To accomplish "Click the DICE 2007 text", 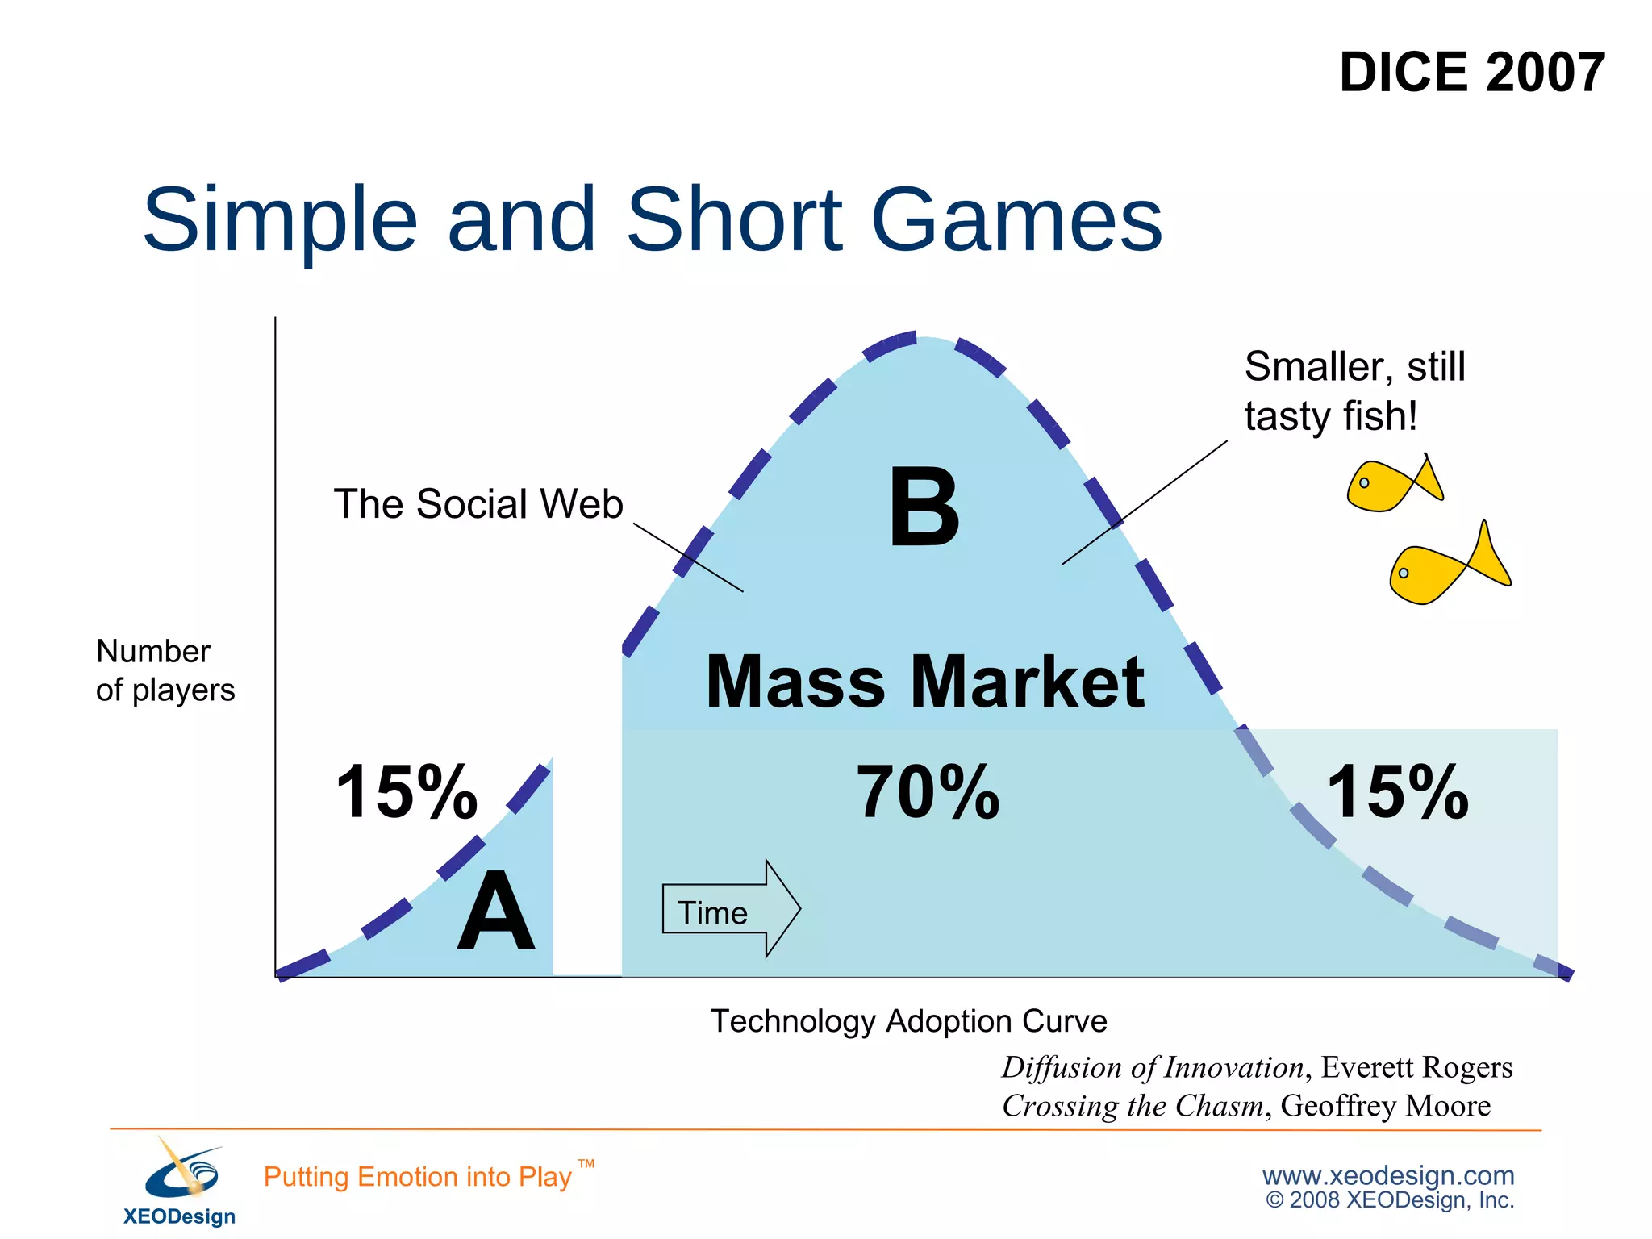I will pos(1471,73).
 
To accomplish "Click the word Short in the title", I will pos(734,219).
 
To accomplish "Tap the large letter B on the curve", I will pos(924,508).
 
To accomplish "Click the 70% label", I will pos(928,792).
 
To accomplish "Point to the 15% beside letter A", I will pos(407,792).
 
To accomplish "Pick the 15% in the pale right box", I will pos(1397,792).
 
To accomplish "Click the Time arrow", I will pos(730,910).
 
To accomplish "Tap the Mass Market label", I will pos(924,682).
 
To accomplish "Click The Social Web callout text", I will pos(478,504).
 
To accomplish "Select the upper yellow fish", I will pos(1392,484).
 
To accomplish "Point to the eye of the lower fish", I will pos(1404,573).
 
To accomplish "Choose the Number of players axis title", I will pos(165,670).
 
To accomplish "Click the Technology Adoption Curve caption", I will pos(908,1021).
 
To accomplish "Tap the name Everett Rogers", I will pos(1416,1067).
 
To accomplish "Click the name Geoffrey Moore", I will pos(1385,1106).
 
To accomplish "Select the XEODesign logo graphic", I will pos(181,1170).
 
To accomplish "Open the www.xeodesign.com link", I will pos(1387,1175).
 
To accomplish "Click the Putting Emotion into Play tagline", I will pos(418,1177).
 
